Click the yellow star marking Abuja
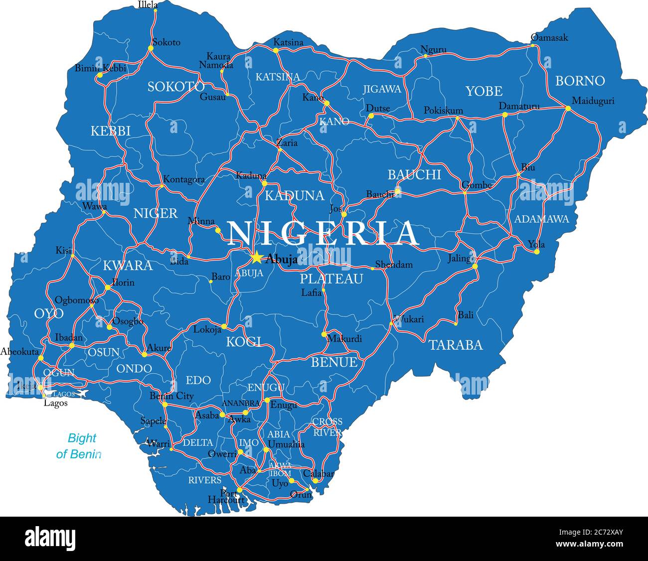256,257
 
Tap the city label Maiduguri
593,101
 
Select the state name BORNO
580,81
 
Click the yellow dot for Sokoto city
151,48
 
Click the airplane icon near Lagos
82,394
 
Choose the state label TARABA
456,345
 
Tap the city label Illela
148,5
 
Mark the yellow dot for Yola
536,252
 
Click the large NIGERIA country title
323,233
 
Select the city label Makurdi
344,339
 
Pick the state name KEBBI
110,131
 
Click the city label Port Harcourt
227,497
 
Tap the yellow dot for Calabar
315,481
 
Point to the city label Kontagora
184,179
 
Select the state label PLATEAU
331,279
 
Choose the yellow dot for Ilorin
108,287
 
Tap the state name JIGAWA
382,89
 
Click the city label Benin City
171,396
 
